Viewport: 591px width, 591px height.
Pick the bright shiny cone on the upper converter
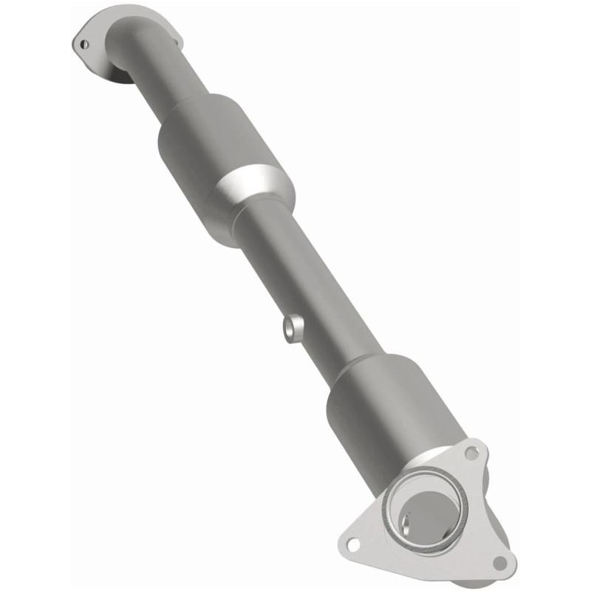pyautogui.click(x=255, y=185)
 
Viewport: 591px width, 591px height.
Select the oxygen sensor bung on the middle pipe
pyautogui.click(x=293, y=327)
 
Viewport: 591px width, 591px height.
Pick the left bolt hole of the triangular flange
pyautogui.click(x=352, y=545)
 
